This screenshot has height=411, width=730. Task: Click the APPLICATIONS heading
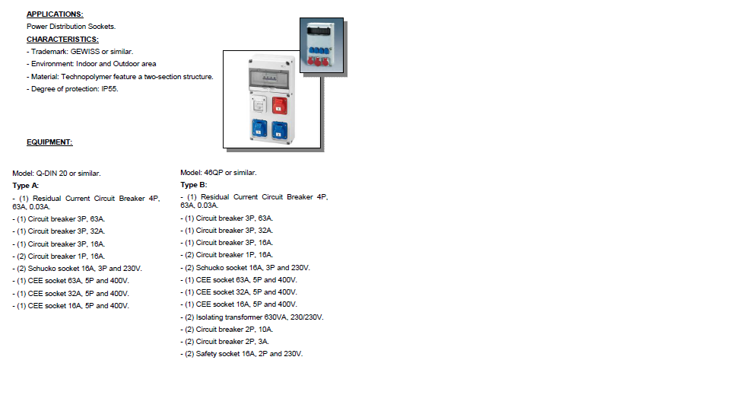point(55,14)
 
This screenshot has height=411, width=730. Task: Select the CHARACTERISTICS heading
point(62,39)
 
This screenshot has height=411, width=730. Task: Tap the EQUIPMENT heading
point(49,142)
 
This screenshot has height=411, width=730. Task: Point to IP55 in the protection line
point(110,89)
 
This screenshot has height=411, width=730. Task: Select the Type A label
point(26,186)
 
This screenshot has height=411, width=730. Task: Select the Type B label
point(193,185)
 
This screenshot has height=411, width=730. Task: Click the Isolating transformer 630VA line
point(252,317)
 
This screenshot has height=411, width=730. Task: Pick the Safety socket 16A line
point(241,354)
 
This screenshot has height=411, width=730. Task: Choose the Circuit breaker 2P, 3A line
point(224,342)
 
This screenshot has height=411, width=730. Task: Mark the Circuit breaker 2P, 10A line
point(226,330)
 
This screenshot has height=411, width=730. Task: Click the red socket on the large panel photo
point(279,104)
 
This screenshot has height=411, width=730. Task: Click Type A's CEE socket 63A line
point(71,281)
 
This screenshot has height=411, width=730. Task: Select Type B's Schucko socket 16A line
point(245,268)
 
